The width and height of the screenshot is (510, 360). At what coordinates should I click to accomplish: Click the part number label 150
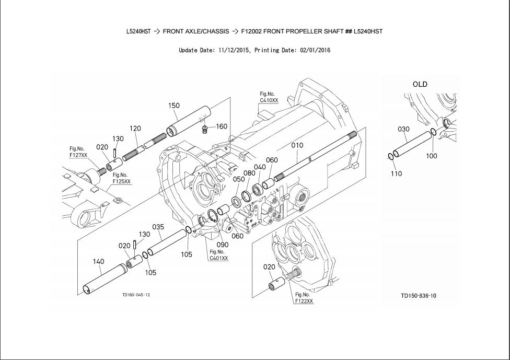[x=173, y=106]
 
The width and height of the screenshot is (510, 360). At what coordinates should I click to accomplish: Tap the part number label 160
[x=222, y=126]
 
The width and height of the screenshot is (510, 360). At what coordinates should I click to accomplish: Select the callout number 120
[x=135, y=129]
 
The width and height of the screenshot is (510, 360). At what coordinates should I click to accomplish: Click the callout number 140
[x=98, y=261]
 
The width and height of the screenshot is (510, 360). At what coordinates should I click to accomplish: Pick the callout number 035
[x=158, y=227]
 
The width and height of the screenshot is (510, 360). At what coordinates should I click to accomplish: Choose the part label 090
[x=222, y=245]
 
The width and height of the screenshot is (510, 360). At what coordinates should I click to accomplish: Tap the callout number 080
[x=249, y=173]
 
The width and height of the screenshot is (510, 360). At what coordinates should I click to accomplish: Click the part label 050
[x=239, y=179]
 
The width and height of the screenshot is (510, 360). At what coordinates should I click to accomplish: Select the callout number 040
[x=260, y=167]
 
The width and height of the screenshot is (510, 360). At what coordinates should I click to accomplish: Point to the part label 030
[x=403, y=129]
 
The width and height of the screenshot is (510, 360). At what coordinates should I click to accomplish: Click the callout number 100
[x=431, y=156]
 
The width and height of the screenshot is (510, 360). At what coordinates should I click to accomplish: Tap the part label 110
[x=396, y=173]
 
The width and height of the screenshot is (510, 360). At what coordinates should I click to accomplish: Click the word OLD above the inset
[x=420, y=84]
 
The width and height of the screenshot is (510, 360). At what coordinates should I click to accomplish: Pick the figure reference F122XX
[x=304, y=301]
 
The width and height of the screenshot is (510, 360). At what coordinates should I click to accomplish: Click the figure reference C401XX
[x=218, y=258]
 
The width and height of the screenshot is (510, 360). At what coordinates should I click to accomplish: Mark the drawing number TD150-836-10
[x=419, y=296]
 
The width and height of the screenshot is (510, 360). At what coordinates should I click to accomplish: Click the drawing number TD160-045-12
[x=136, y=295]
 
